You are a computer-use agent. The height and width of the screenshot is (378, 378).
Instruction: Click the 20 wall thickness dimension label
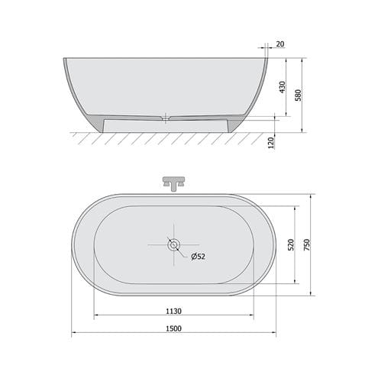click(280, 44)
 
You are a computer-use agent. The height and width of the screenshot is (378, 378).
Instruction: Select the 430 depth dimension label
click(283, 87)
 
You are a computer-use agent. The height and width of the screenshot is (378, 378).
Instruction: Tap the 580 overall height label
click(298, 95)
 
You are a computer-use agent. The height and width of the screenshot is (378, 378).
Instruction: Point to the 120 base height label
click(271, 143)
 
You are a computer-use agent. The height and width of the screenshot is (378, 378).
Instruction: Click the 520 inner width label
click(291, 244)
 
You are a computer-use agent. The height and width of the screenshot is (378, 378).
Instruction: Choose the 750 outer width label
click(307, 244)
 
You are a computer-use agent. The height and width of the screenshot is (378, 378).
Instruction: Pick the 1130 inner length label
click(173, 311)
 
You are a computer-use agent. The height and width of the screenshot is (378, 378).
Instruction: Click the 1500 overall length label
click(173, 328)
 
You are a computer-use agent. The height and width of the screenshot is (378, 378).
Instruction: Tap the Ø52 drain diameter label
click(198, 257)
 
